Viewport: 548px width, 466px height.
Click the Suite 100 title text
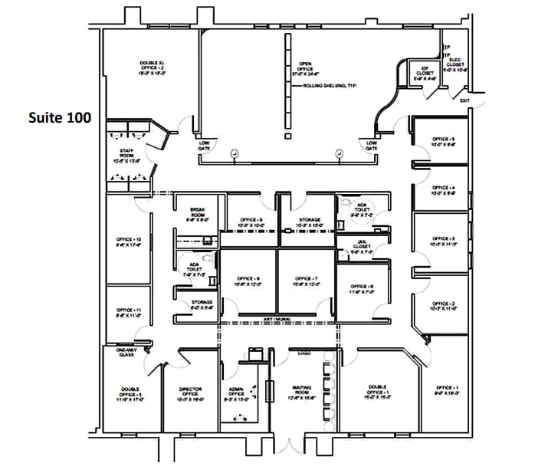60,118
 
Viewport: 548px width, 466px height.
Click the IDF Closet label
425,73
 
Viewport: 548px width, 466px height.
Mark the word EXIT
464,100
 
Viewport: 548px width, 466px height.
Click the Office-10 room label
128,242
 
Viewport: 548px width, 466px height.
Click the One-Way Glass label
126,353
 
